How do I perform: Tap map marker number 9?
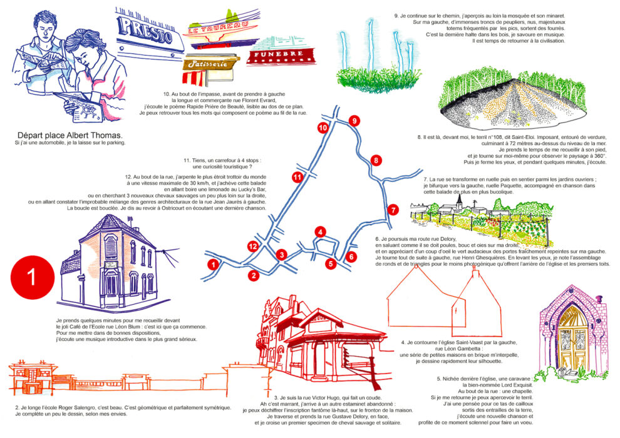tap(354, 121)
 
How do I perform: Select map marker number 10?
tap(323, 128)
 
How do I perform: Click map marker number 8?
tap(376, 161)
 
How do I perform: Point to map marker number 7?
tap(393, 210)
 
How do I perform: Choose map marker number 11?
tap(298, 178)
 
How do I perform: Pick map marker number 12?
tap(253, 247)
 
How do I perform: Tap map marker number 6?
tap(351, 257)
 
